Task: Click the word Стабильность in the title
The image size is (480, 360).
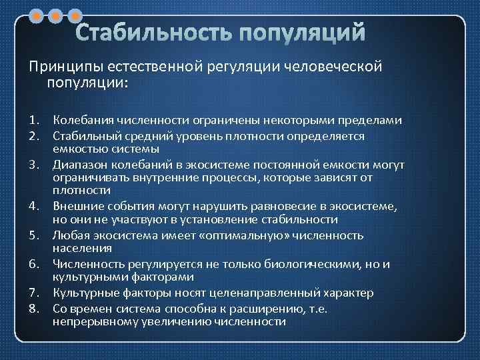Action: pos(152,33)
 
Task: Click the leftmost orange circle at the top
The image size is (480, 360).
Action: pos(39,14)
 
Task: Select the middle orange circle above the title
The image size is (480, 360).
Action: pos(57,14)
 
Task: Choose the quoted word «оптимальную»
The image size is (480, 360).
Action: pos(257,235)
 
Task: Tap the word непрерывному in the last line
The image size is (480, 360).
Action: pos(89,321)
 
